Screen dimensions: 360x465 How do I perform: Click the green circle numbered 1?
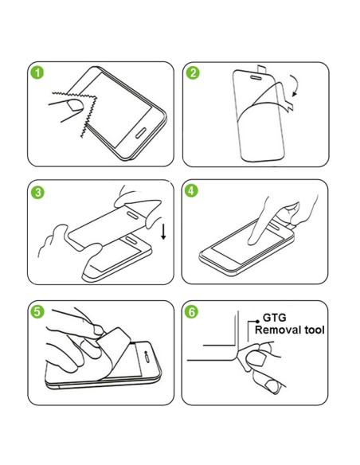(x=37, y=72)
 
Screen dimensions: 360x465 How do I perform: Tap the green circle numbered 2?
(x=193, y=73)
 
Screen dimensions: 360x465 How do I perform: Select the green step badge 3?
(x=37, y=192)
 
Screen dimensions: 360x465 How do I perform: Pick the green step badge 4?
(x=191, y=190)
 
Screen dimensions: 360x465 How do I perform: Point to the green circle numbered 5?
(x=37, y=311)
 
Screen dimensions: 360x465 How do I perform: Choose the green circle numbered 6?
(x=191, y=311)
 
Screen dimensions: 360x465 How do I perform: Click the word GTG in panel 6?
(x=275, y=318)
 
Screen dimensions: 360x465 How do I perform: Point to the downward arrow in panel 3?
(x=163, y=232)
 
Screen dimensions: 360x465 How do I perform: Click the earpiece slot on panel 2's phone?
(x=256, y=78)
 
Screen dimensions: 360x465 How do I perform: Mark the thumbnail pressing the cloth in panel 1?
(x=75, y=106)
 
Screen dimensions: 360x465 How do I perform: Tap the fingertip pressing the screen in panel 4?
(x=252, y=241)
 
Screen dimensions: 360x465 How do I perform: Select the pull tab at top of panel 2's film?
(x=262, y=69)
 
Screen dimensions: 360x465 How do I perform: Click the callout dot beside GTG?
(x=257, y=322)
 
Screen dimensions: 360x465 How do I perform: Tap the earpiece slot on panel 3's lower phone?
(x=131, y=240)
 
